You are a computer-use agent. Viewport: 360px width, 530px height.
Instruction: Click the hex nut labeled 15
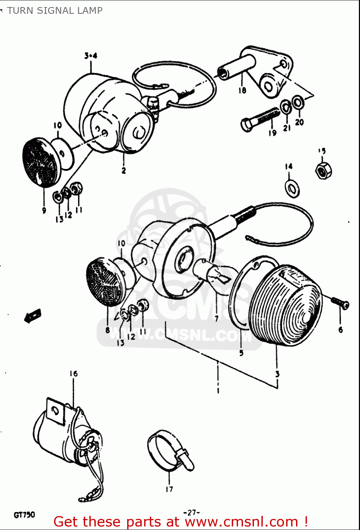pos(323,171)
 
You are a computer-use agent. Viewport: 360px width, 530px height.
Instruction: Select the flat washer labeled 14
pos(292,189)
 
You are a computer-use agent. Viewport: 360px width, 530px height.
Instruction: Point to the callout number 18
pos(242,90)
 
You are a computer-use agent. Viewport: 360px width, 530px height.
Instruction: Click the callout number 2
pos(124,170)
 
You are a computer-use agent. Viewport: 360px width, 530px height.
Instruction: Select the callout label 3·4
pos(91,56)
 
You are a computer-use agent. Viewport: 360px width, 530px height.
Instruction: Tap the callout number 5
pos(241,353)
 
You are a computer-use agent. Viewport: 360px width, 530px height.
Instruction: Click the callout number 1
pos(218,390)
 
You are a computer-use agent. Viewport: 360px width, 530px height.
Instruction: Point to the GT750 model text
pos(24,514)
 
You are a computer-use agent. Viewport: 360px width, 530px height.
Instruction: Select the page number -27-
pos(191,512)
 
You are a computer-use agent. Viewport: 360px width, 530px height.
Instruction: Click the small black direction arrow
pos(33,315)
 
